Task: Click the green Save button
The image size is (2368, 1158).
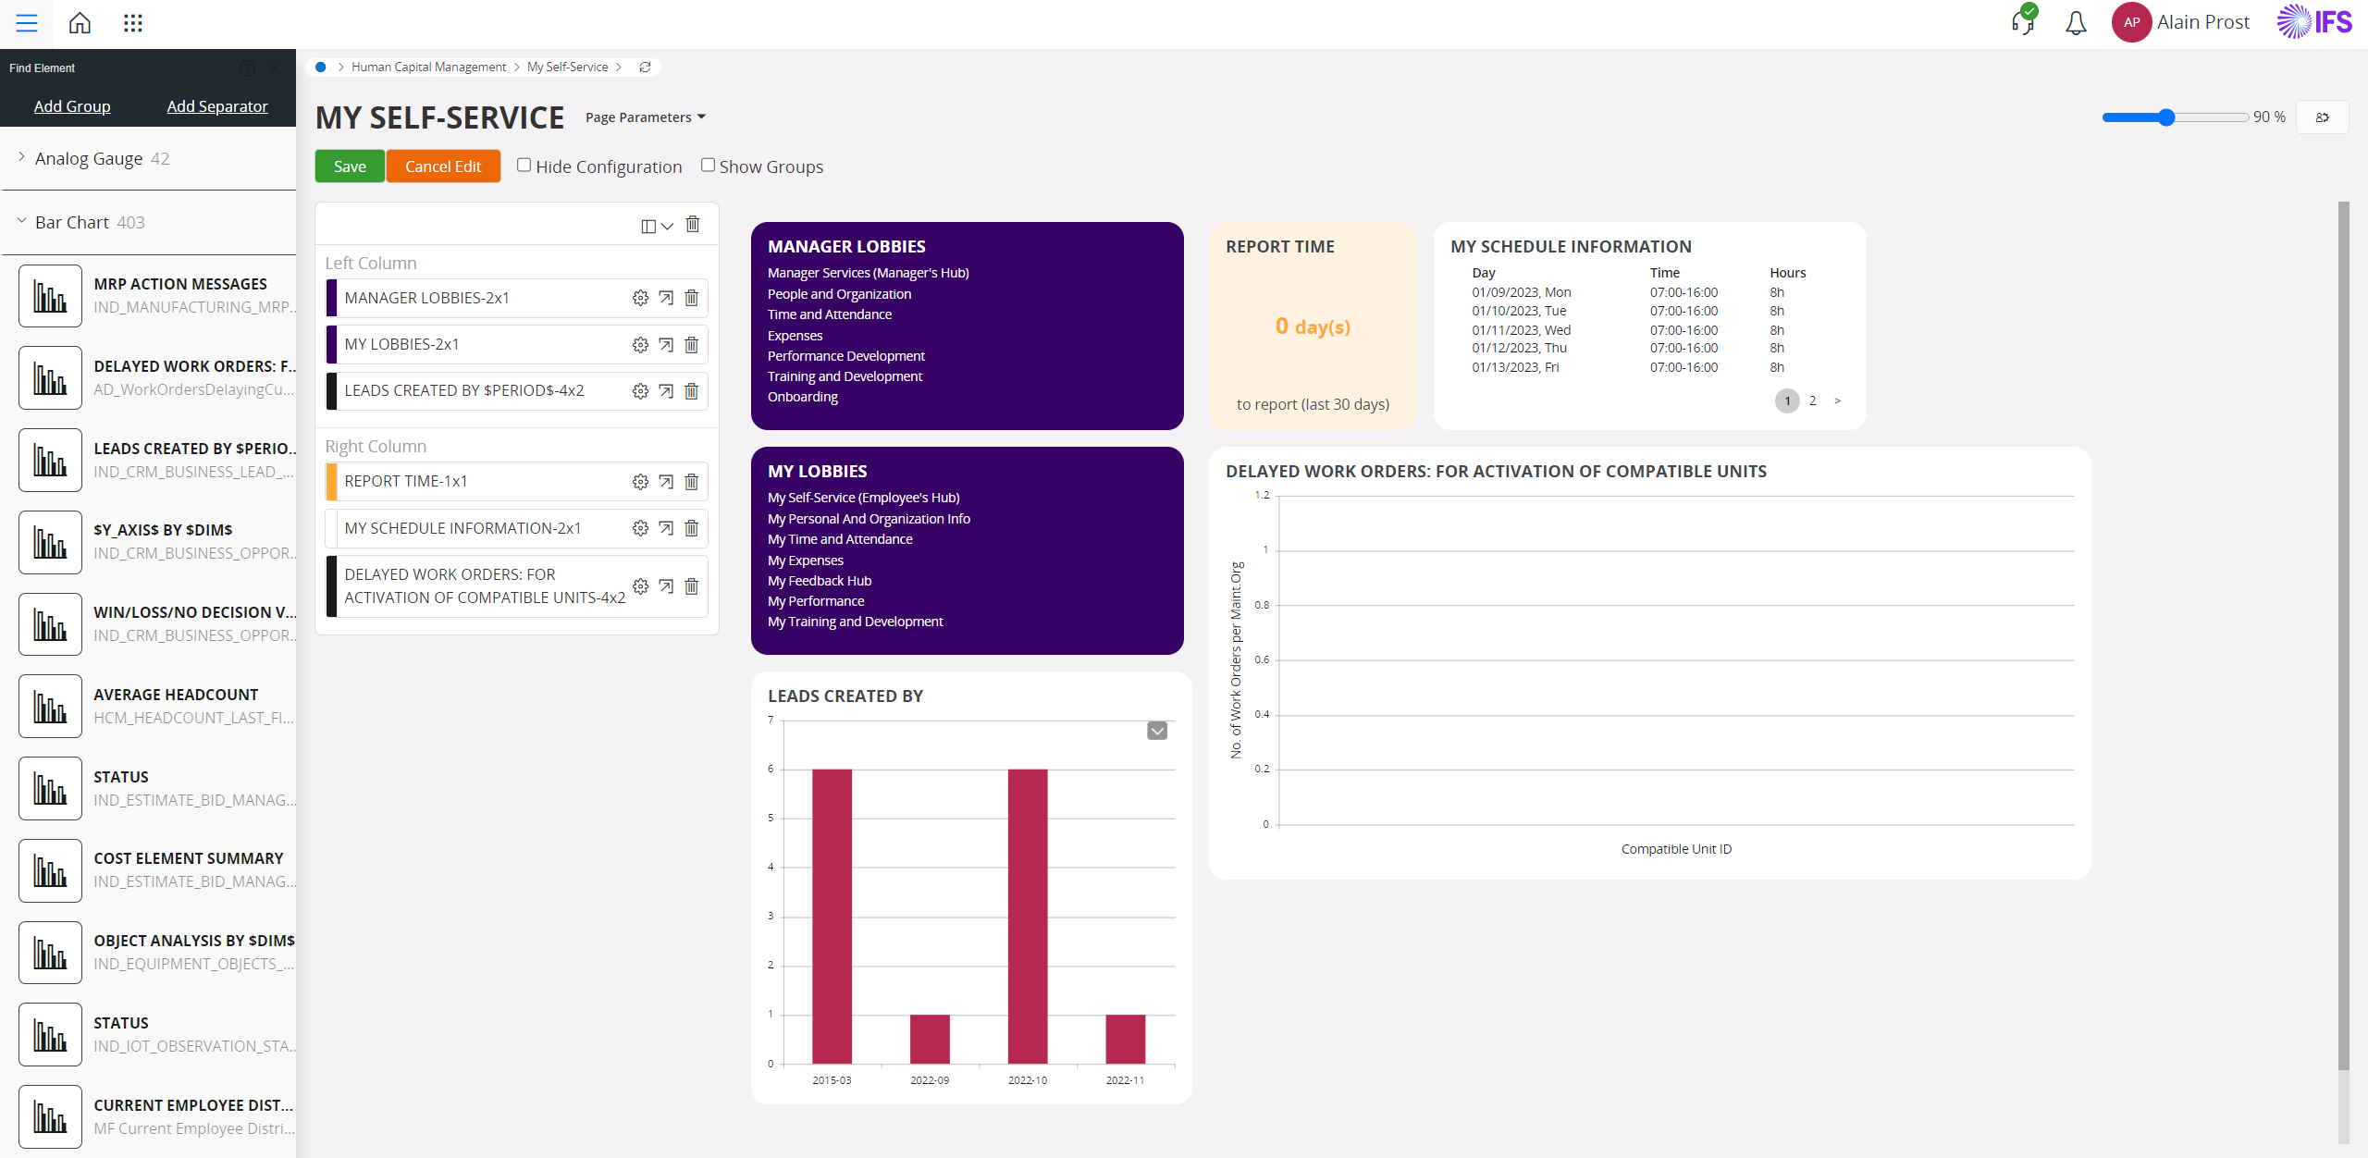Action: point(350,166)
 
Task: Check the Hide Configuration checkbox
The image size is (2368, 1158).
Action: point(524,166)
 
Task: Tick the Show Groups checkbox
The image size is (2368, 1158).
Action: point(708,166)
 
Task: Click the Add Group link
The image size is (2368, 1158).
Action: point(72,106)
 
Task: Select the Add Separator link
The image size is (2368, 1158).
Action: point(217,106)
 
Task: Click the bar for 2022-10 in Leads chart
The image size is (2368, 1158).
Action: point(1028,916)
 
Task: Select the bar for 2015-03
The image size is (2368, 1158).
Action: point(832,916)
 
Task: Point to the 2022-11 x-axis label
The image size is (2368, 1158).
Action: point(1125,1080)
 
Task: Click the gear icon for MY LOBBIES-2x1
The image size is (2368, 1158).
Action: point(640,345)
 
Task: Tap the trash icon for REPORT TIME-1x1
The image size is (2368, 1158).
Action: point(691,482)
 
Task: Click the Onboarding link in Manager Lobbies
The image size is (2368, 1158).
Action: point(803,397)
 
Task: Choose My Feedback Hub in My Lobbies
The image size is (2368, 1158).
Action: point(820,581)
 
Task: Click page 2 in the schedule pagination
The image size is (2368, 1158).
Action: point(1813,400)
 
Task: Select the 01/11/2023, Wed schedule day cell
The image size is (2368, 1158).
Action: point(1522,330)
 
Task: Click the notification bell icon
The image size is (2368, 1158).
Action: point(2076,23)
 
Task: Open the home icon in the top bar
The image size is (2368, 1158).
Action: point(80,23)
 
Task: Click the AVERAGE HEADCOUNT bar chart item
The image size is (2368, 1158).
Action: point(157,706)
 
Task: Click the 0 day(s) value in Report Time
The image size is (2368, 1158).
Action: point(1313,326)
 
